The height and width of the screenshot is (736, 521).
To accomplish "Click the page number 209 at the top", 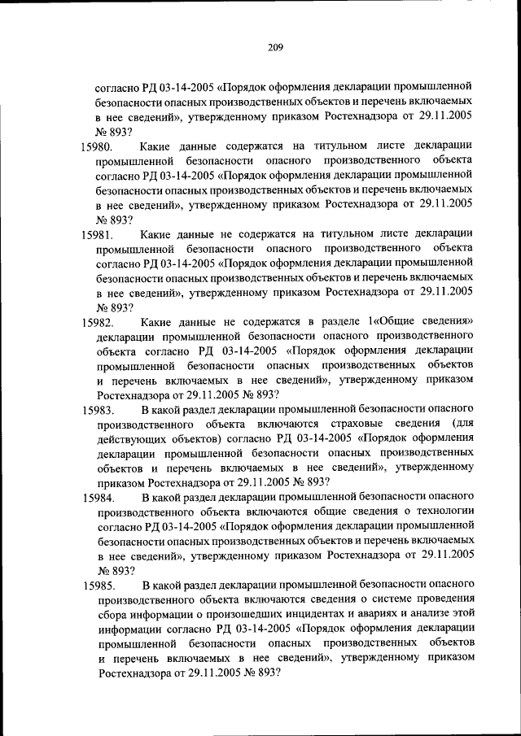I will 274,47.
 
